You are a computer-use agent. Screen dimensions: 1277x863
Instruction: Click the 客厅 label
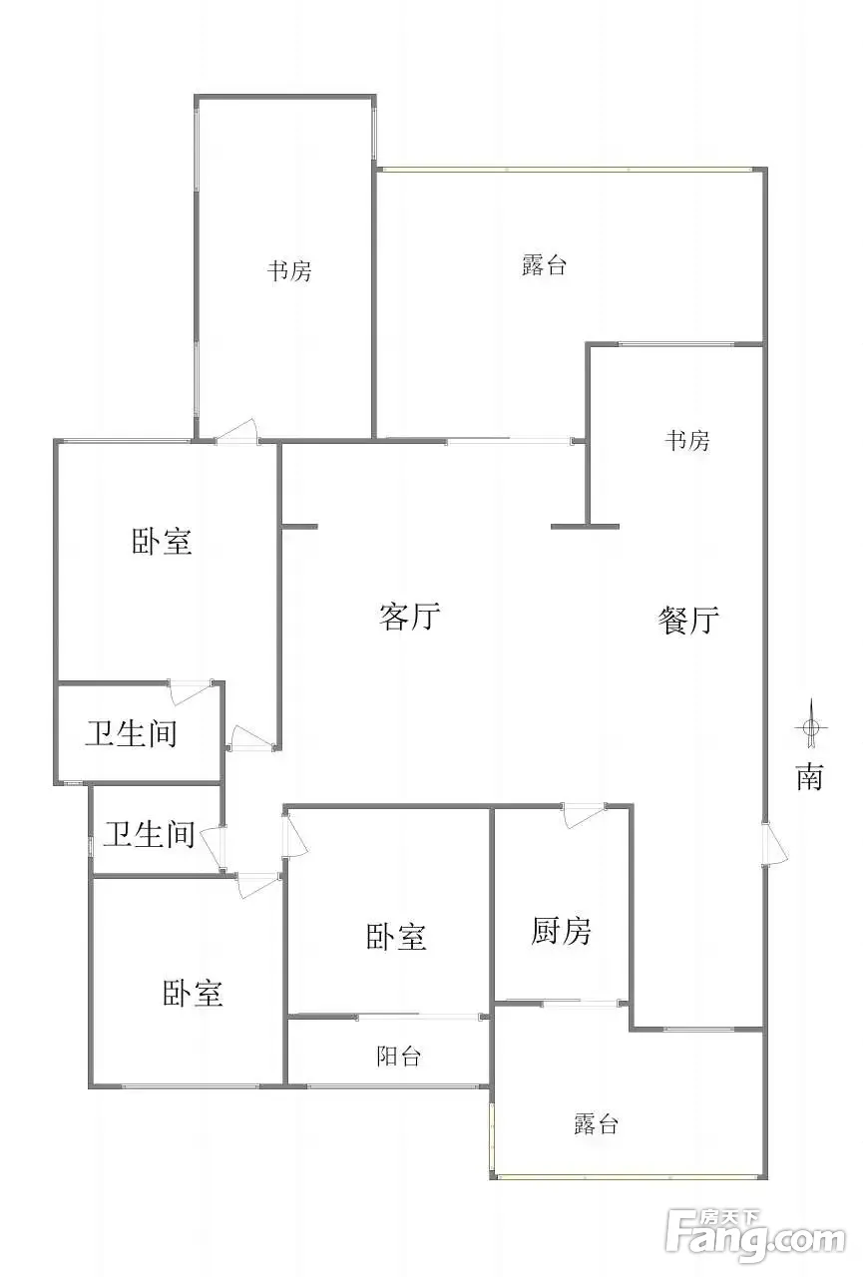tap(410, 617)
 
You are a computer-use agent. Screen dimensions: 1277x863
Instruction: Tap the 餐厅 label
tap(688, 621)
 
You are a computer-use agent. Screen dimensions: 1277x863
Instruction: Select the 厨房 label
tap(561, 932)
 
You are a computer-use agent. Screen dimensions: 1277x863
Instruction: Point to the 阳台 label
tap(398, 1057)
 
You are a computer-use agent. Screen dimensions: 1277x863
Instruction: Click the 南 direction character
tap(809, 777)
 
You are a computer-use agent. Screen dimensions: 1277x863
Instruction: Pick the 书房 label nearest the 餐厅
tap(687, 440)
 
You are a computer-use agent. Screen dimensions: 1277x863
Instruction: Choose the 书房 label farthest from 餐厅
tap(288, 270)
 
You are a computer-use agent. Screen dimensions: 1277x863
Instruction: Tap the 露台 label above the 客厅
tap(544, 265)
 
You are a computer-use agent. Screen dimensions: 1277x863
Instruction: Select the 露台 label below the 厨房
tap(596, 1124)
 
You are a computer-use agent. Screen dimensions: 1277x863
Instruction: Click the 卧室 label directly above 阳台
tap(396, 937)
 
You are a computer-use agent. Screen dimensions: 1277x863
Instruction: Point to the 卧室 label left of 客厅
tap(162, 542)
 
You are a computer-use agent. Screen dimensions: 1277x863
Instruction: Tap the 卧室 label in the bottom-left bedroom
tap(193, 993)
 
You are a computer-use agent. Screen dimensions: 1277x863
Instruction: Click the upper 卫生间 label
tap(131, 734)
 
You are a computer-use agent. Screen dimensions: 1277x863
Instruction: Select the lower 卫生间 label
tap(150, 834)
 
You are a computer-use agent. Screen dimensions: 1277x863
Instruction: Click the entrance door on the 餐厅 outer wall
tap(773, 844)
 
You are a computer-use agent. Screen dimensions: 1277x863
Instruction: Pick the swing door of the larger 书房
tap(238, 432)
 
